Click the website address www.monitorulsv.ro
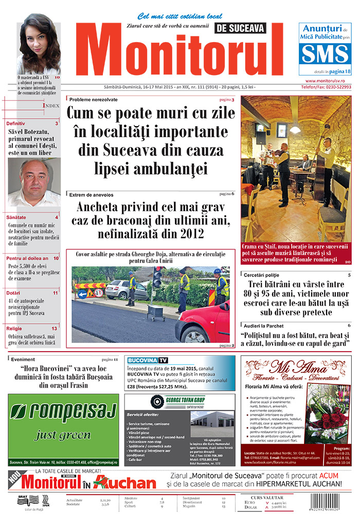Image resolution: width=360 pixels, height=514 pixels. (x=328, y=81)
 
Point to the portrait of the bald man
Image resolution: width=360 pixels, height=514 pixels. (x=34, y=182)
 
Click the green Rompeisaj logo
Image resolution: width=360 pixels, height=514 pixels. (x=63, y=412)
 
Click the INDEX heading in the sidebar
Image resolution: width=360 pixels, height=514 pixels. (x=51, y=106)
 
